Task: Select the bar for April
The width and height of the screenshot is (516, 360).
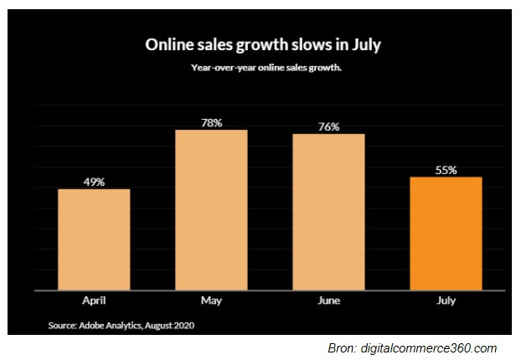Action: coord(94,239)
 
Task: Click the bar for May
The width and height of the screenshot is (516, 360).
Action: coord(211,209)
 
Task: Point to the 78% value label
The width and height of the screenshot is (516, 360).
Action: coord(211,122)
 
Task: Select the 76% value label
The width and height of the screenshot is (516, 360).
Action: coord(328,126)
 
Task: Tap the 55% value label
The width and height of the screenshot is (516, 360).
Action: coord(446,169)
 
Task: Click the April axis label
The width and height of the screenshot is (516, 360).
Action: coord(94,298)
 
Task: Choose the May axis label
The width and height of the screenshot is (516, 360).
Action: coord(211,298)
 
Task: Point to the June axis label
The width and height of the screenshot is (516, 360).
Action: coord(328,298)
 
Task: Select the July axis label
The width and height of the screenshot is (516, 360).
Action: coord(446,298)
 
